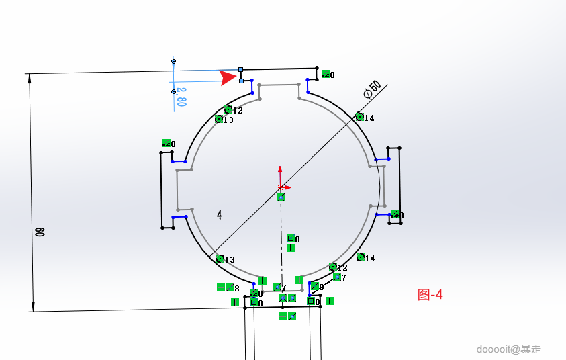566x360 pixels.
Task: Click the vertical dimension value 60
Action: [x=40, y=232]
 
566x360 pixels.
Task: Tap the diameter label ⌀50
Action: [x=372, y=89]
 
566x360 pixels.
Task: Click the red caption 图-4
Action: [x=430, y=294]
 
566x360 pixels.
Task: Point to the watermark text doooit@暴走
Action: [x=508, y=349]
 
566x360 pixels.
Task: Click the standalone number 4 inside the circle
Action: [x=220, y=214]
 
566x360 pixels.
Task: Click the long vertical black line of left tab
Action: [x=161, y=190]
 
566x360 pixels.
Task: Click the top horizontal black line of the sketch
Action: [x=279, y=69]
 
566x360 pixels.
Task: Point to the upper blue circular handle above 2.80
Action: [x=173, y=62]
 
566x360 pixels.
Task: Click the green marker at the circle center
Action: [x=281, y=197]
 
